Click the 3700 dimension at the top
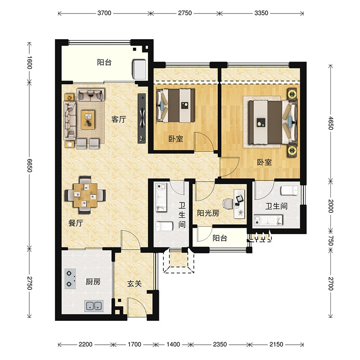click(104, 13)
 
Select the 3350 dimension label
click(261, 13)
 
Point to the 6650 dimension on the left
click(30, 165)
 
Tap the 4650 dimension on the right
click(330, 123)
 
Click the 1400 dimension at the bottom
click(173, 344)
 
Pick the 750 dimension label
click(330, 240)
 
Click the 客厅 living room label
click(118, 119)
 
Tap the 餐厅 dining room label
click(76, 223)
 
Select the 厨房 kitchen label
click(93, 282)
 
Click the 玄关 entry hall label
click(134, 284)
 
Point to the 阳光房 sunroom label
click(208, 213)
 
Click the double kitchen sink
click(94, 306)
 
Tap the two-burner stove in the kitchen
click(70, 279)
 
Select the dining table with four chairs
click(85, 195)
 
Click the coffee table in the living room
click(88, 120)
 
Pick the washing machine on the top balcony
click(139, 70)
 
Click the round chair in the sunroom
click(228, 204)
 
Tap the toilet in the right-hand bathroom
click(289, 190)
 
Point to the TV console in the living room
click(142, 118)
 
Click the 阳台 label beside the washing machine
click(104, 62)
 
